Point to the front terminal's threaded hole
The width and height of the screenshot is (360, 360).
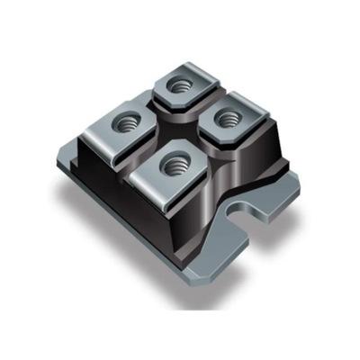(173, 165)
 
